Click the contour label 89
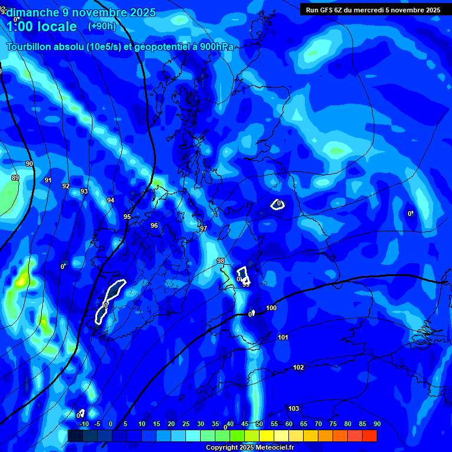tap(15, 178)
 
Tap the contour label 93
tap(84, 191)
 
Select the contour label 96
tap(154, 225)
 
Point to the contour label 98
tap(221, 261)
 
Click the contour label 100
tap(271, 308)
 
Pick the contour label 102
tap(298, 367)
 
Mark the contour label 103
tap(294, 408)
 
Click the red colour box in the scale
tap(370, 436)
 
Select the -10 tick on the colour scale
tap(84, 424)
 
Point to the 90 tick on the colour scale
tap(377, 424)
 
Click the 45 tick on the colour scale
tap(245, 424)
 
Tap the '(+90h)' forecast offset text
tap(102, 26)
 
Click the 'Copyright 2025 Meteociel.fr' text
tap(250, 448)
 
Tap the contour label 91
tap(48, 180)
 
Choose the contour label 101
tap(283, 337)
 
